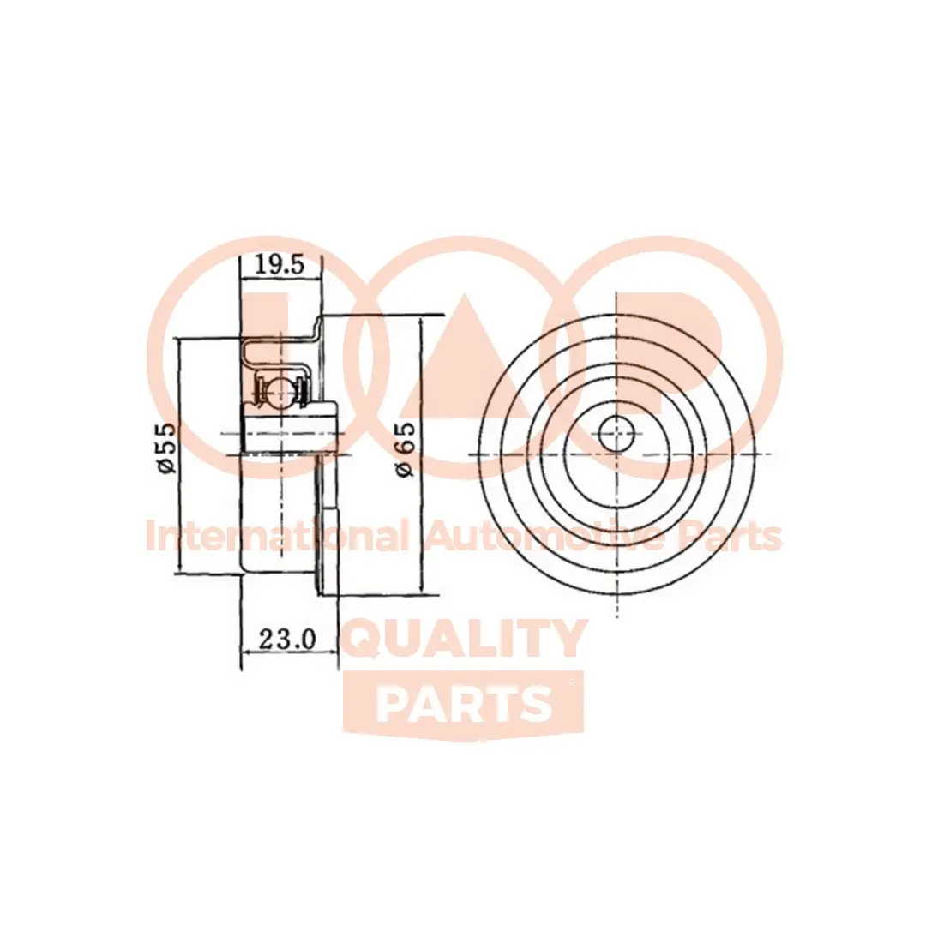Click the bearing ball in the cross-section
tap(278, 391)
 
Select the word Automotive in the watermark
tap(544, 538)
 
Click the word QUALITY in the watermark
tap(464, 639)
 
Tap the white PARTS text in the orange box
tap(464, 704)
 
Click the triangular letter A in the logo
tap(464, 360)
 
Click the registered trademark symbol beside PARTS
tap(571, 682)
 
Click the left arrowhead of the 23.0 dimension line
tap(246, 654)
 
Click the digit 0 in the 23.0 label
tap(310, 639)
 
